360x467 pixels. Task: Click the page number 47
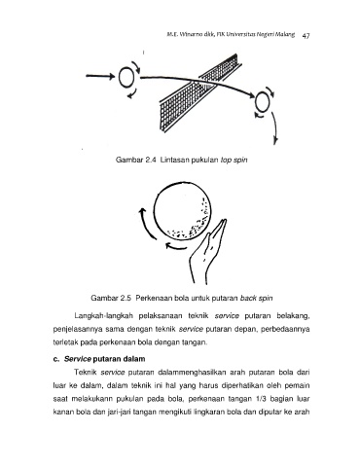point(306,35)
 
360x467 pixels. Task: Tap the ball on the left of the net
point(126,77)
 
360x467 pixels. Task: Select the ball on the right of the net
point(262,102)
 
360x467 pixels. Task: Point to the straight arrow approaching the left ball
point(100,76)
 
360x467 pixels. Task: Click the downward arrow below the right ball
point(274,128)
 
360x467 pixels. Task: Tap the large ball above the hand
point(183,212)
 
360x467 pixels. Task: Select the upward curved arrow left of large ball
point(148,224)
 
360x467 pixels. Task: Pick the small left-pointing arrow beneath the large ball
point(176,246)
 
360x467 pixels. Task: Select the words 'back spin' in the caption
point(256,298)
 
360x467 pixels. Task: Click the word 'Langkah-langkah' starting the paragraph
point(104,316)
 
